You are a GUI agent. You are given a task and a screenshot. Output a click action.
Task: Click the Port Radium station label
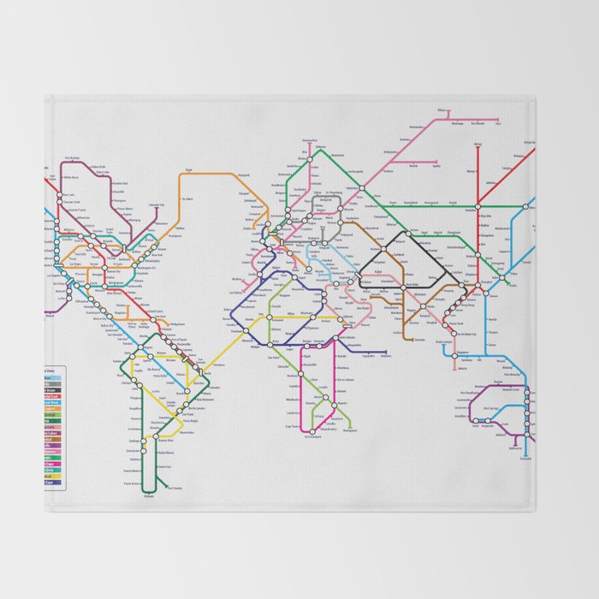[72, 158]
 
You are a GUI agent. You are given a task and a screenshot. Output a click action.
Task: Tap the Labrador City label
[156, 205]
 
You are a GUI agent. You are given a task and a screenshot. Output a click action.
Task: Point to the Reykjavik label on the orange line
[189, 169]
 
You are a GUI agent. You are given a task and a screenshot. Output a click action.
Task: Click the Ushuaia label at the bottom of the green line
[149, 496]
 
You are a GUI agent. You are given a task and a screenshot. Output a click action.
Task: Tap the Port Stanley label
[175, 488]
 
